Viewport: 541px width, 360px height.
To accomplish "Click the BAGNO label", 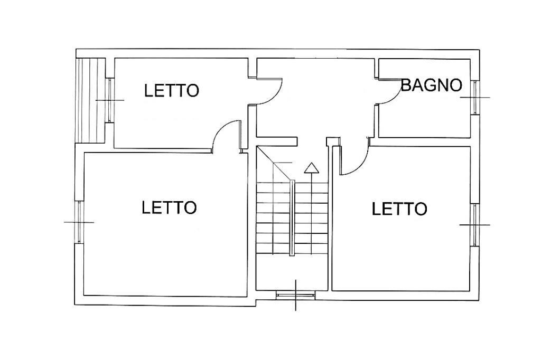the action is pyautogui.click(x=431, y=85).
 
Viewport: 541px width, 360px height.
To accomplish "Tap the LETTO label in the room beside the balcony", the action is pyautogui.click(x=172, y=90).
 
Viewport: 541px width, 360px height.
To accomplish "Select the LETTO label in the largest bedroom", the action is pyautogui.click(x=169, y=207).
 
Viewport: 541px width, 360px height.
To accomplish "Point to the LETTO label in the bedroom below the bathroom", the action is pyautogui.click(x=399, y=209).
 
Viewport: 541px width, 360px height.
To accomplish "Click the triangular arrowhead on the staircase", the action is pyautogui.click(x=312, y=167).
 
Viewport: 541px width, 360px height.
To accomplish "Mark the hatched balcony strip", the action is pyautogui.click(x=90, y=100).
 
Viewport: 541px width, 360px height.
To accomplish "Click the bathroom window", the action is pyautogui.click(x=475, y=97).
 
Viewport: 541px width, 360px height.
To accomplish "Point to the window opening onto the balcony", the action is pyautogui.click(x=110, y=100).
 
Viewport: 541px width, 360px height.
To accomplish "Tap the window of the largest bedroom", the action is pyautogui.click(x=79, y=222).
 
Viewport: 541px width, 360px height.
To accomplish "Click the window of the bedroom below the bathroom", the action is pyautogui.click(x=475, y=224).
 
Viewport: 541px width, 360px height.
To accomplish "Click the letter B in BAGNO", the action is pyautogui.click(x=406, y=85).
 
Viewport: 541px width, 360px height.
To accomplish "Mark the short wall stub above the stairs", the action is pyautogui.click(x=277, y=141).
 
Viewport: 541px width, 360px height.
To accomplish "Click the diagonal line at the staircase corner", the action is pyautogui.click(x=275, y=164).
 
